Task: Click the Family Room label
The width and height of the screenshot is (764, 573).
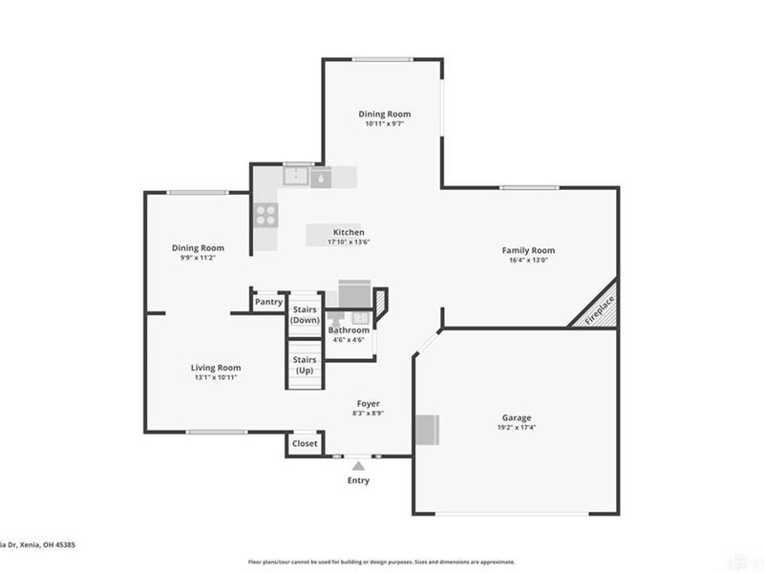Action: (528, 250)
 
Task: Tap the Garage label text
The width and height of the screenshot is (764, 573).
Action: (517, 417)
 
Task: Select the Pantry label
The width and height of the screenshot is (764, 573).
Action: (268, 302)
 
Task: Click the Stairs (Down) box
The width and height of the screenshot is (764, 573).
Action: (305, 314)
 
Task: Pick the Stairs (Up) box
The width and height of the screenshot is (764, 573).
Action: (305, 365)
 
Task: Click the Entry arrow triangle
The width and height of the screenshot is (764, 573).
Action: (358, 466)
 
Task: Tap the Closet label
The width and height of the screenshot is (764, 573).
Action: (305, 444)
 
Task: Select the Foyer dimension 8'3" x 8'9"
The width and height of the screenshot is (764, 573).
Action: (369, 413)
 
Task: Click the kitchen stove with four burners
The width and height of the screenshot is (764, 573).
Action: (265, 216)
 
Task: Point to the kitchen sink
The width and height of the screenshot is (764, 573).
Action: (297, 176)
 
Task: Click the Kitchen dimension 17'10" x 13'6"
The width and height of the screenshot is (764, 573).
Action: (348, 243)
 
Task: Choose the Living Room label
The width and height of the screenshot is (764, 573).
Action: (215, 368)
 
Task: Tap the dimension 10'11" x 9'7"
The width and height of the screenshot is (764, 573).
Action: (384, 124)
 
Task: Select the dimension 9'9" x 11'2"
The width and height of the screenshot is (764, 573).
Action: (198, 258)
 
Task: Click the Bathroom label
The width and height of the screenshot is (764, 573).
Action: (349, 330)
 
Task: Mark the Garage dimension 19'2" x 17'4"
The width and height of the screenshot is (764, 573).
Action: (517, 428)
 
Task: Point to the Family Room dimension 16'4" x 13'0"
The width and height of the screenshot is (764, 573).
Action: (528, 261)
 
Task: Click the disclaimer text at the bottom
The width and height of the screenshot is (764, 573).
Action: (382, 562)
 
